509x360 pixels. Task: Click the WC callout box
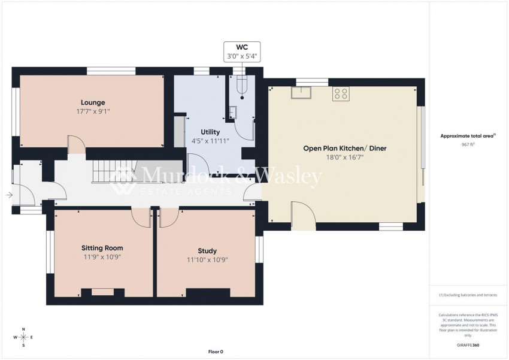(x=242, y=52)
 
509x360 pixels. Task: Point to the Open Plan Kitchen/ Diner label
(x=344, y=148)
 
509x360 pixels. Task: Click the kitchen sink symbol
(x=300, y=92)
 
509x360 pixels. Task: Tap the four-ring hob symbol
(x=341, y=93)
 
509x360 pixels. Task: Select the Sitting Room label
(x=102, y=248)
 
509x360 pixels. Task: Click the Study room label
(x=207, y=251)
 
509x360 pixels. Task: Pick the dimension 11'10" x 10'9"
(x=207, y=260)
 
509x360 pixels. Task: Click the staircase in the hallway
(x=114, y=173)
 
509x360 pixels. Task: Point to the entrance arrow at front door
(x=9, y=195)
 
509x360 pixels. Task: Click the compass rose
(x=23, y=337)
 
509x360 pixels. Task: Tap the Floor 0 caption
(x=216, y=352)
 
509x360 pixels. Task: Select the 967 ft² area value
(x=468, y=145)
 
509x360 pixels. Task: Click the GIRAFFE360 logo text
(x=468, y=346)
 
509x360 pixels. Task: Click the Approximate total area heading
(x=467, y=136)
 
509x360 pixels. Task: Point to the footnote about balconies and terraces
(x=468, y=295)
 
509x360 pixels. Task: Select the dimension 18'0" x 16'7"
(x=344, y=158)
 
